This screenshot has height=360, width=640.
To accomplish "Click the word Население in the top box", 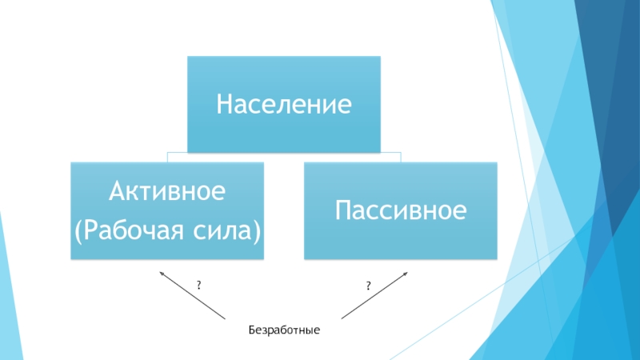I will [284, 105].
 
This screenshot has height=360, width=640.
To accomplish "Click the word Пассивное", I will [400, 211].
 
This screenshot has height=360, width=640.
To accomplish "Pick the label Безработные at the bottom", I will [284, 330].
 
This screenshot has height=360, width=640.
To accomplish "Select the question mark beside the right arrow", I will [369, 286].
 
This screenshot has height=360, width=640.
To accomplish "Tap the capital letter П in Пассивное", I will [342, 211].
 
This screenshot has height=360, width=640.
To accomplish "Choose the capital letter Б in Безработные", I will [251, 330].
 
